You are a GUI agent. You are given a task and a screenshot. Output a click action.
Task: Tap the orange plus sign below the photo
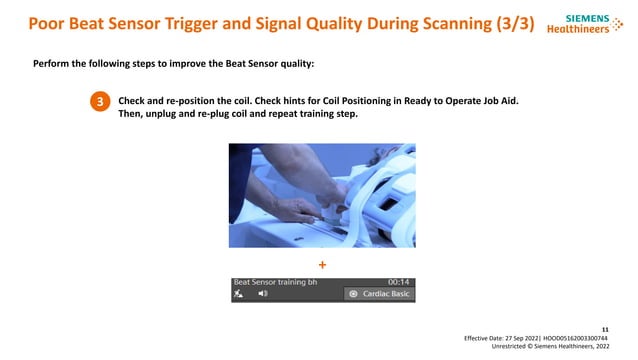coord(322,265)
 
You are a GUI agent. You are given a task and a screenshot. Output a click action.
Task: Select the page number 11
coord(603,327)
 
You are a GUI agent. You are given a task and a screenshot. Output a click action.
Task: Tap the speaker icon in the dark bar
coord(263,295)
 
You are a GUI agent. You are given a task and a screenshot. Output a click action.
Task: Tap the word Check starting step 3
coord(134,101)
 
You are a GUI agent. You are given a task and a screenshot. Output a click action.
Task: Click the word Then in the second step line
coord(133,115)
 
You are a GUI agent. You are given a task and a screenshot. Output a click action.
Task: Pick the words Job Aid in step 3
coord(497,101)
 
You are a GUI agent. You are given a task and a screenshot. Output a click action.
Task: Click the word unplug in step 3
coord(177,115)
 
